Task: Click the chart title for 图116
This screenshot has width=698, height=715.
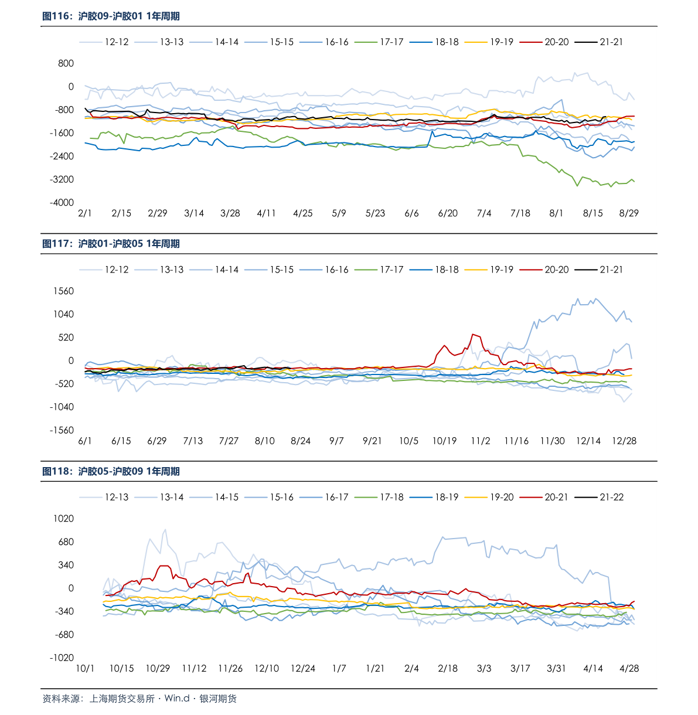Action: [111, 16]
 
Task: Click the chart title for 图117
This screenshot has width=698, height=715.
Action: [111, 244]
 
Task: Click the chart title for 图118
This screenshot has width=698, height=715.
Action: [111, 471]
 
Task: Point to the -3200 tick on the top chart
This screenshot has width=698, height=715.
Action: [63, 179]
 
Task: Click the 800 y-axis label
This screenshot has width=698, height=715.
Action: [66, 63]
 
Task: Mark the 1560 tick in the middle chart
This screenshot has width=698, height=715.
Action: [63, 291]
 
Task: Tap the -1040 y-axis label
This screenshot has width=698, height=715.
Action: [62, 407]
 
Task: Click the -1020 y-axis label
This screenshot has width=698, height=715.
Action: [62, 658]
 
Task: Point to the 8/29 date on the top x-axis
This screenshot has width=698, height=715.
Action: [629, 213]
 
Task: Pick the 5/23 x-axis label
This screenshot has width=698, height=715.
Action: [375, 213]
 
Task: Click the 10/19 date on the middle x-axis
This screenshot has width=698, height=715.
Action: [444, 441]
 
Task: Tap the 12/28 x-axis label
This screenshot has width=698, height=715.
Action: [624, 441]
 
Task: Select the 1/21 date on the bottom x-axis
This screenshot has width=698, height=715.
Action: [375, 668]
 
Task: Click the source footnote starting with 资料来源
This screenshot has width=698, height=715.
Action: [139, 699]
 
